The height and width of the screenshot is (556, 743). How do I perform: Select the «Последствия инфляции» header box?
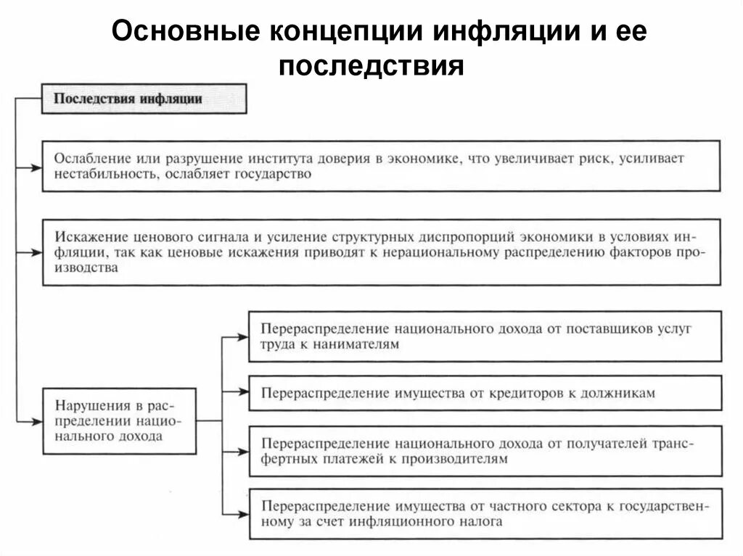coord(144,99)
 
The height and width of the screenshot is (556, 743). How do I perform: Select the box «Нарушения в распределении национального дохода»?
coord(120,420)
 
